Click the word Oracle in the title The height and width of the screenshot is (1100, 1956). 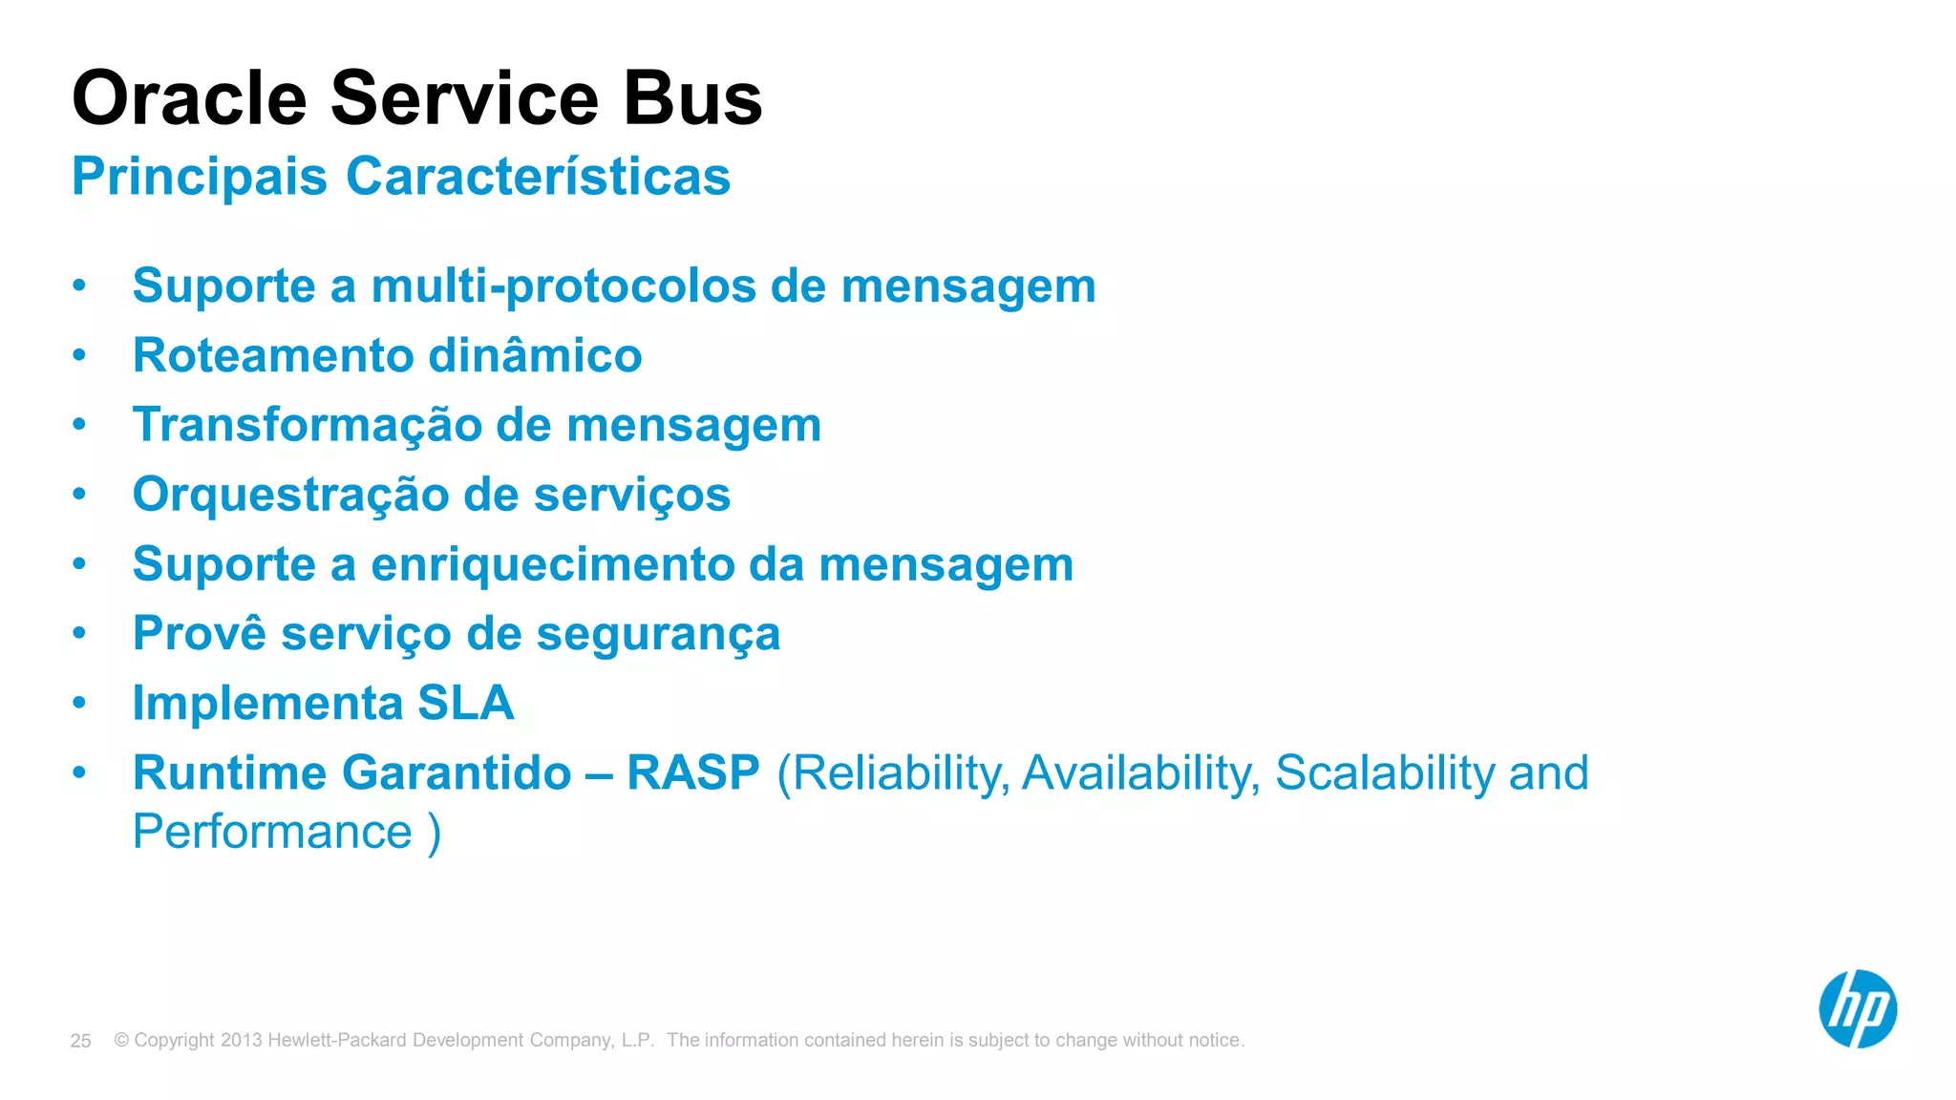pyautogui.click(x=189, y=98)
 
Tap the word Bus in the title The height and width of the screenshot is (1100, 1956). pyautogui.click(x=692, y=98)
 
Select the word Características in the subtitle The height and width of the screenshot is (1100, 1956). pyautogui.click(x=538, y=177)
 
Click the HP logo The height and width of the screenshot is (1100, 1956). pyautogui.click(x=1857, y=1009)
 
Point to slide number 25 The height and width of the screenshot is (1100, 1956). pyautogui.click(x=80, y=1041)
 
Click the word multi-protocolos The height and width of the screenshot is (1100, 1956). pyautogui.click(x=563, y=286)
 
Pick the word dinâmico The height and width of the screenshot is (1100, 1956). pyautogui.click(x=535, y=355)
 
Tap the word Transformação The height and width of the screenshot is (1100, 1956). pyautogui.click(x=306, y=425)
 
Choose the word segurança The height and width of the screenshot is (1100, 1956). pyautogui.click(x=658, y=634)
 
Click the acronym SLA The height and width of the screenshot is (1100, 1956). pyautogui.click(x=466, y=704)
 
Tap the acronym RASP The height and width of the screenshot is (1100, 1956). pyautogui.click(x=692, y=772)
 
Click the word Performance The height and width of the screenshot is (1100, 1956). pyautogui.click(x=272, y=832)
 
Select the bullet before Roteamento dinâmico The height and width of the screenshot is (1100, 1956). pyautogui.click(x=79, y=355)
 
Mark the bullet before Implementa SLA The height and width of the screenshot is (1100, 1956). pyautogui.click(x=79, y=704)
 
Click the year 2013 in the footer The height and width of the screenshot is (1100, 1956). pyautogui.click(x=241, y=1040)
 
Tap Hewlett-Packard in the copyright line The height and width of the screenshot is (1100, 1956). pyautogui.click(x=337, y=1040)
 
